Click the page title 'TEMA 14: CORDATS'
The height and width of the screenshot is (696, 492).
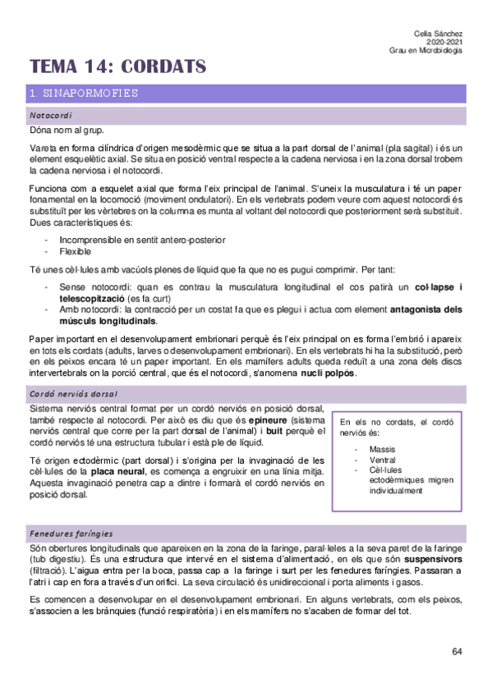117,66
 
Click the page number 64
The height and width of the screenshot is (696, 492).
458,651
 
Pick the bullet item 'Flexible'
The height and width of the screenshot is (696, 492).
76,251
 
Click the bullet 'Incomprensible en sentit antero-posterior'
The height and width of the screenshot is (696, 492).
142,240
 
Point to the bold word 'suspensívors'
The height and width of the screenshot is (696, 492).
432,558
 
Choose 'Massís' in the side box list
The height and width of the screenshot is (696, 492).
383,450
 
